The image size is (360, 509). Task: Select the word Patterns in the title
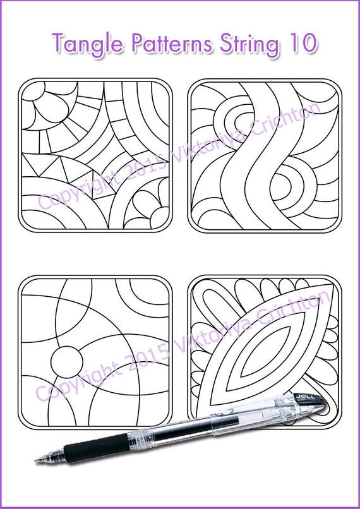pos(165,44)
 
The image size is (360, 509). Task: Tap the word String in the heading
pos(243,44)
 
